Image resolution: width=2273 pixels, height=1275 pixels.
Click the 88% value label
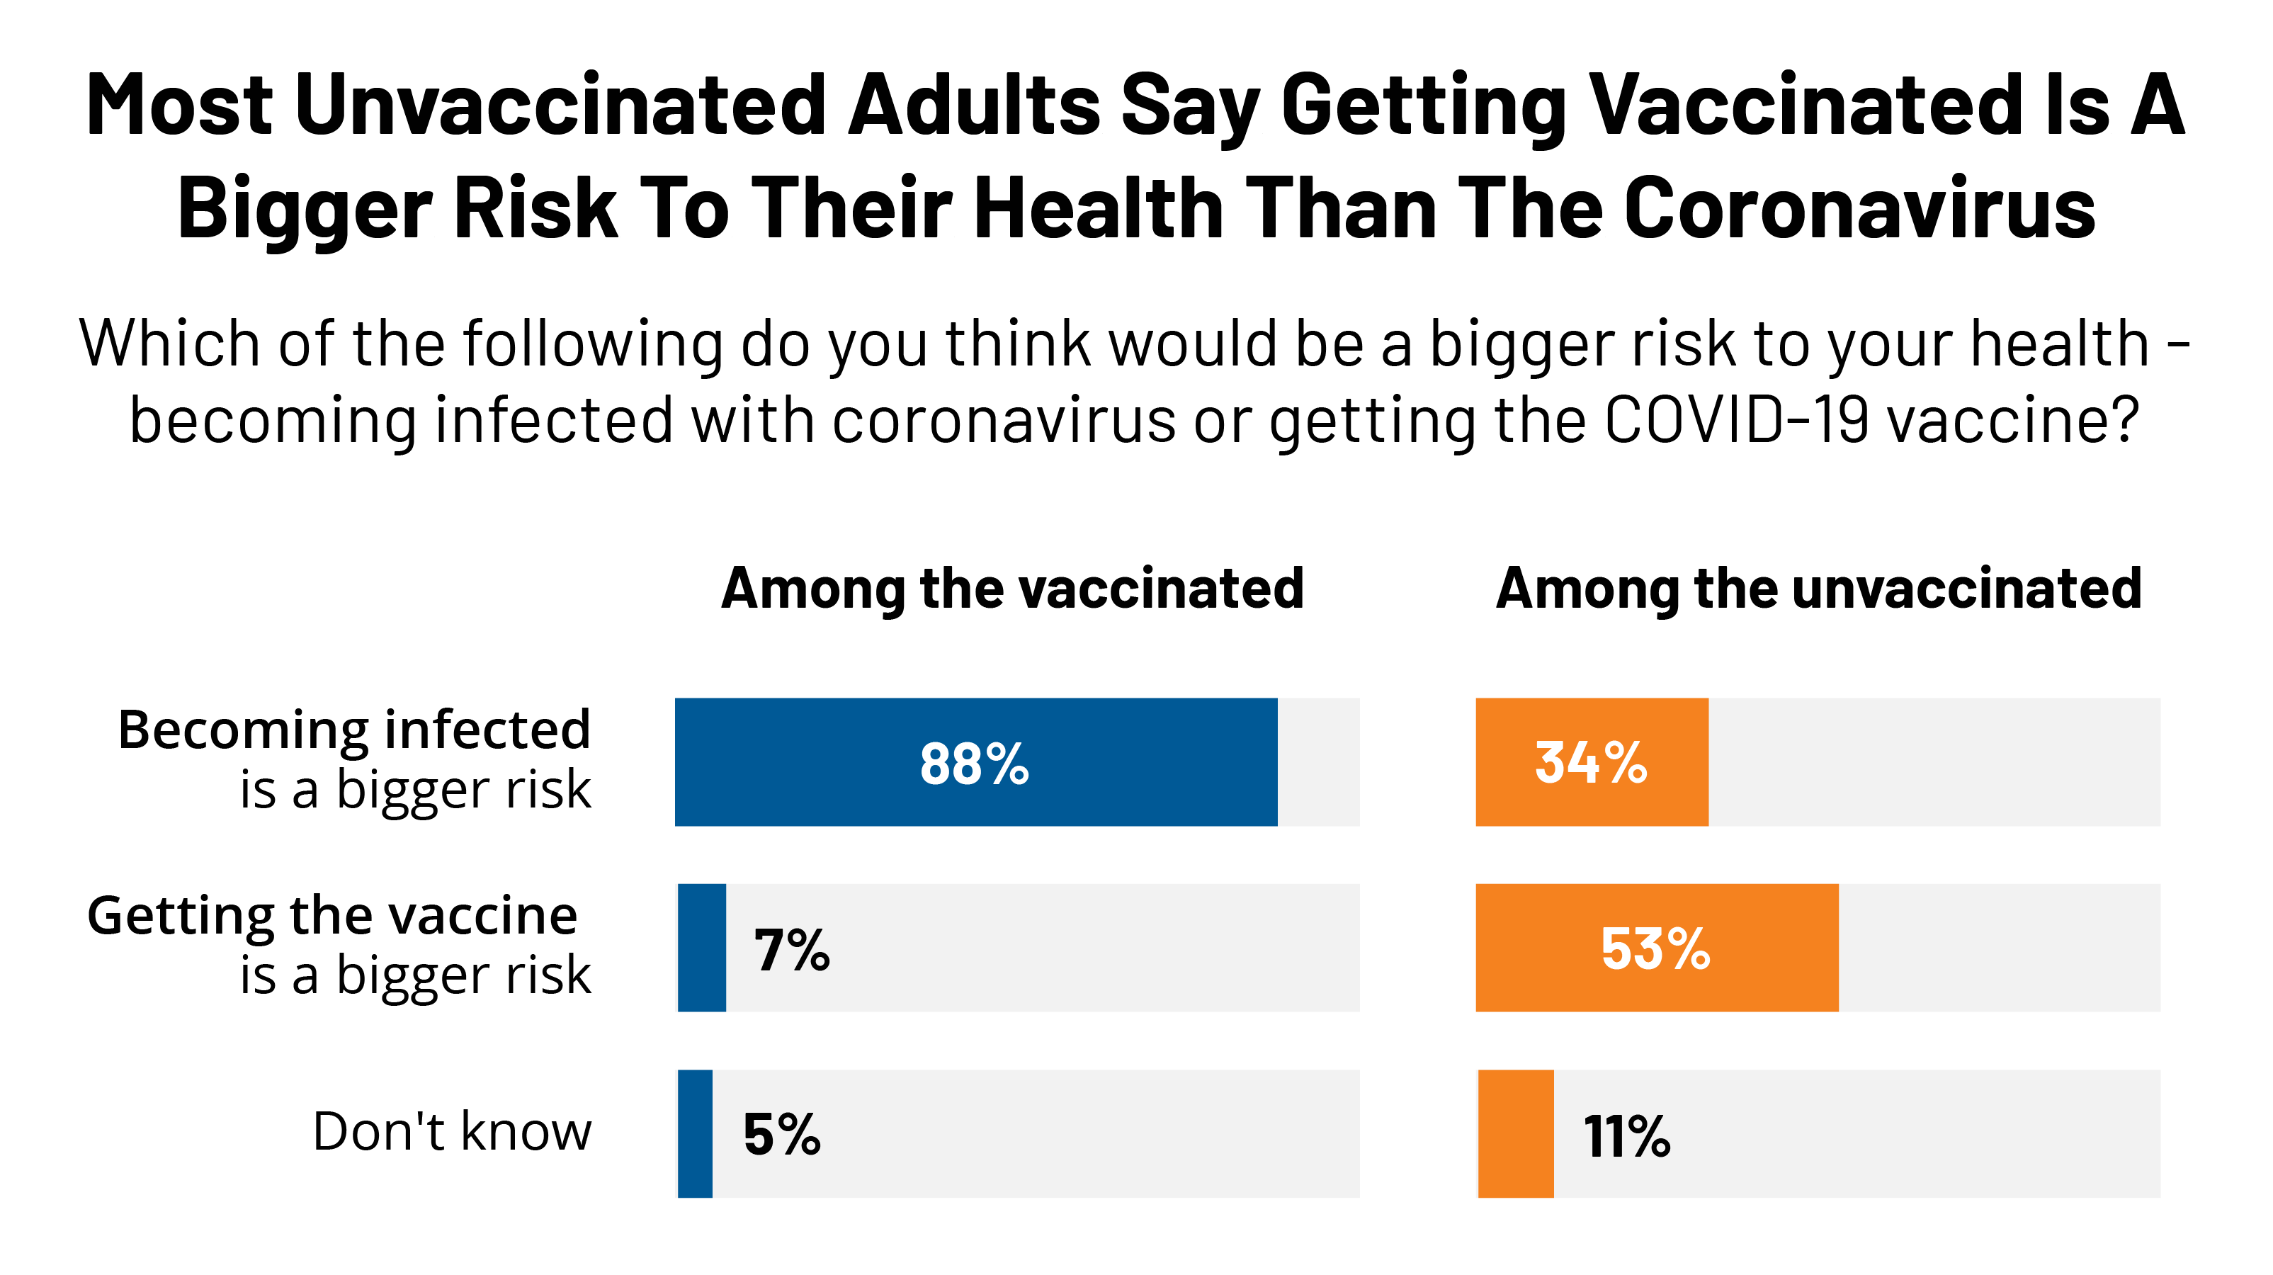coord(974,764)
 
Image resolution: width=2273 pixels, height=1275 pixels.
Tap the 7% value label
coord(791,951)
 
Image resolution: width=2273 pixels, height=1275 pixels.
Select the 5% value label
coord(782,1135)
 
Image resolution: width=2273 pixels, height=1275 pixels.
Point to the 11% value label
coord(1626,1136)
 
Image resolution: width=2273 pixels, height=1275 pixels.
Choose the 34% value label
coord(1591,764)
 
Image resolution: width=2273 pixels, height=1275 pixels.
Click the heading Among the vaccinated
coord(1012,589)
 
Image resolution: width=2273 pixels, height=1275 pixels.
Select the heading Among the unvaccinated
coord(1818,589)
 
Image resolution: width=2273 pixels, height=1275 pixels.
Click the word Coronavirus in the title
coord(1859,208)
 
